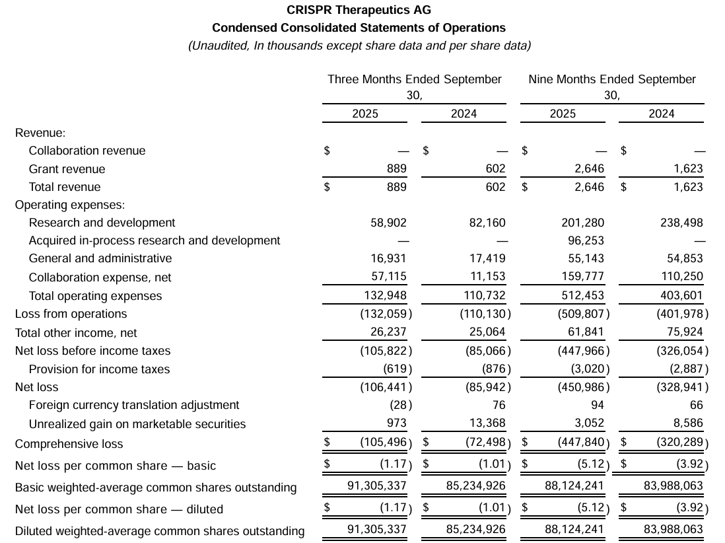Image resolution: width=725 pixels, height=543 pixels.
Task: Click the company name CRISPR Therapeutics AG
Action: [359, 10]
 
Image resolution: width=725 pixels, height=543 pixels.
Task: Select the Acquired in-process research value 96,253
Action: [582, 240]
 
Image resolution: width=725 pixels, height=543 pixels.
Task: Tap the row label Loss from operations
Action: [71, 314]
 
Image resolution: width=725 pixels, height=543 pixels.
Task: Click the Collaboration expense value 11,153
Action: [487, 277]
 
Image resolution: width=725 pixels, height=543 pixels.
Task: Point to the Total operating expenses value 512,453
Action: [582, 295]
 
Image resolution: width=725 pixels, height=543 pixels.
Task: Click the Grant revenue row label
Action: [67, 169]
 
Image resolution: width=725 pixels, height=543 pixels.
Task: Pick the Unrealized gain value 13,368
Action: [487, 423]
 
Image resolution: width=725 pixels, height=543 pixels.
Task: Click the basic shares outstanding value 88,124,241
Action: [572, 486]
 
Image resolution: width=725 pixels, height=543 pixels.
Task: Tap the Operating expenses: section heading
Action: [70, 205]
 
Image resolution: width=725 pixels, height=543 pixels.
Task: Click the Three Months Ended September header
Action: [415, 79]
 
